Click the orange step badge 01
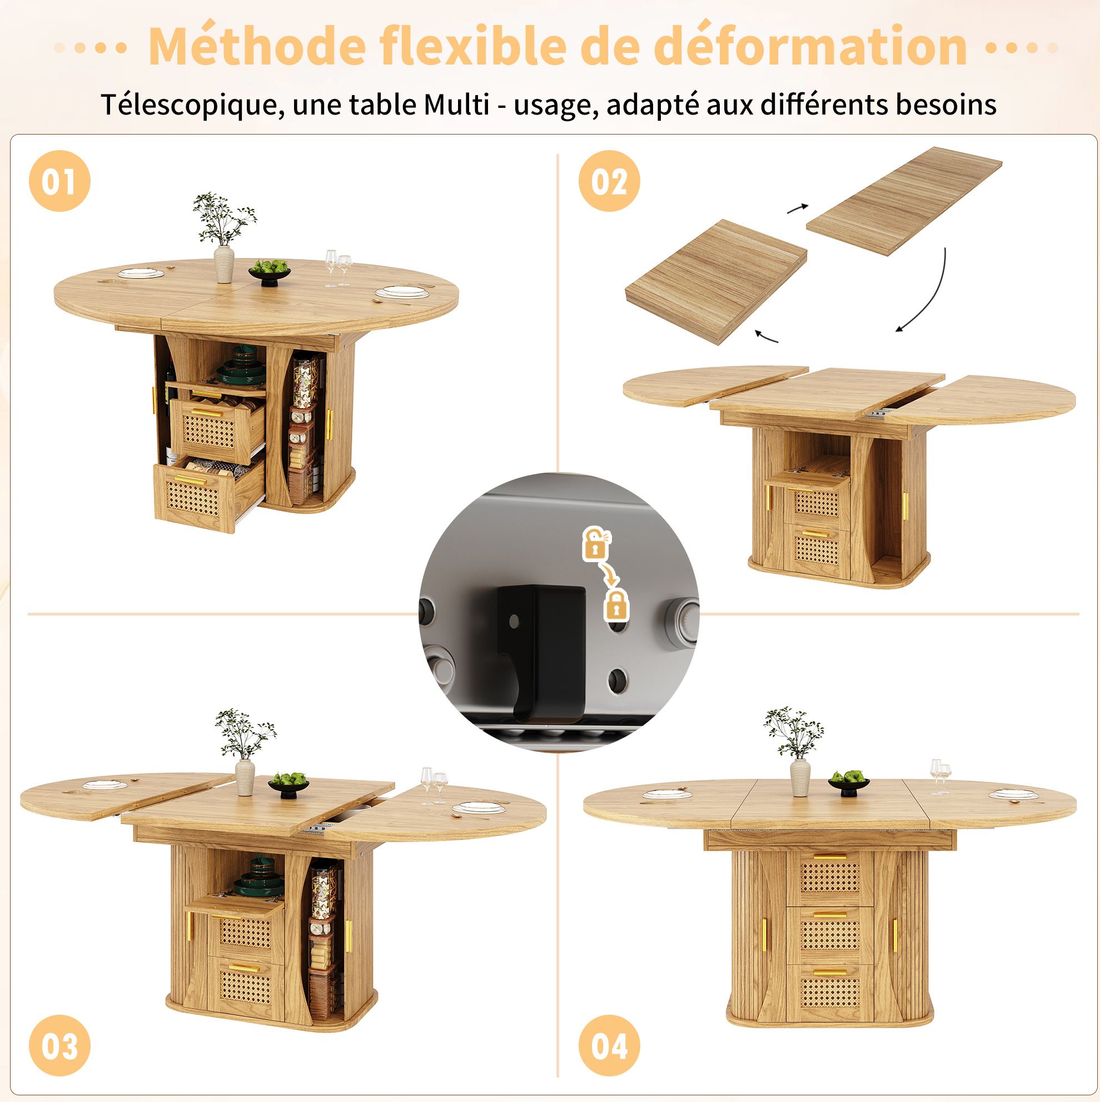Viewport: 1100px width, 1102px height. click(59, 181)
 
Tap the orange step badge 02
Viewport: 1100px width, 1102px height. click(609, 181)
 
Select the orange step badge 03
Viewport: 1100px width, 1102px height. click(59, 1045)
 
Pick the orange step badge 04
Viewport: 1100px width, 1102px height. click(609, 1045)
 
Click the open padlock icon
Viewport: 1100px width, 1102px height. click(596, 543)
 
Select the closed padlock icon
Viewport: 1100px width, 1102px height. click(616, 605)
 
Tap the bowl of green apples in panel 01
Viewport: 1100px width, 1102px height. click(270, 272)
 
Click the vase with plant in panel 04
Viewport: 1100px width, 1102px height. click(795, 751)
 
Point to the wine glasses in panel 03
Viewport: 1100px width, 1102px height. click(434, 786)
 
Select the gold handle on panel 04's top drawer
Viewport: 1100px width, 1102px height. click(830, 856)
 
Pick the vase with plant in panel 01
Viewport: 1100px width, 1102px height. click(223, 238)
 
